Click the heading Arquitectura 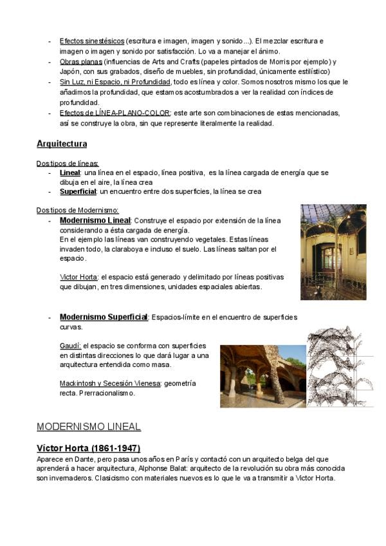(x=62, y=143)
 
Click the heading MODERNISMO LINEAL (x=89, y=426)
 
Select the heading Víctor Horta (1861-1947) (x=89, y=447)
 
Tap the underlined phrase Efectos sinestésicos (x=92, y=41)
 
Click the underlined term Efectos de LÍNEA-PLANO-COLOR (x=115, y=113)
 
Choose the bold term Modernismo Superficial (x=104, y=317)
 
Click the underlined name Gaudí (x=70, y=346)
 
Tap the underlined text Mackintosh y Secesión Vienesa (x=109, y=383)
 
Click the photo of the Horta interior (x=333, y=252)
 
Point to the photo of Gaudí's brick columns (x=263, y=377)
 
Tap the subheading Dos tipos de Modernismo (x=77, y=210)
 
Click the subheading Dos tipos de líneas (x=68, y=164)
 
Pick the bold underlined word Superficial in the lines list (x=77, y=192)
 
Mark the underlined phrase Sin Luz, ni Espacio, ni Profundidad (x=115, y=82)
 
